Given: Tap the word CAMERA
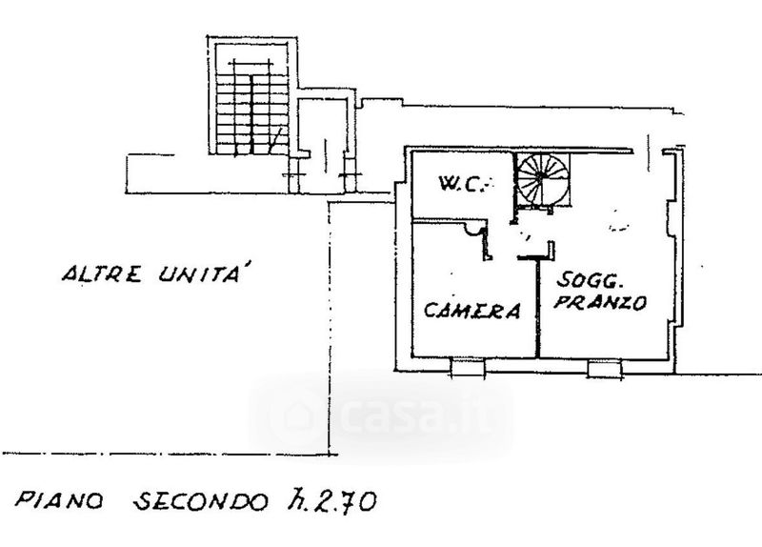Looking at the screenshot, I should click(x=472, y=310).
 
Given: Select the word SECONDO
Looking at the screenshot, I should click(x=195, y=502).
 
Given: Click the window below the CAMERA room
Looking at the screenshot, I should click(x=466, y=367).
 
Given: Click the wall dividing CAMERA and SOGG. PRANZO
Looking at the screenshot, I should click(x=539, y=305).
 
